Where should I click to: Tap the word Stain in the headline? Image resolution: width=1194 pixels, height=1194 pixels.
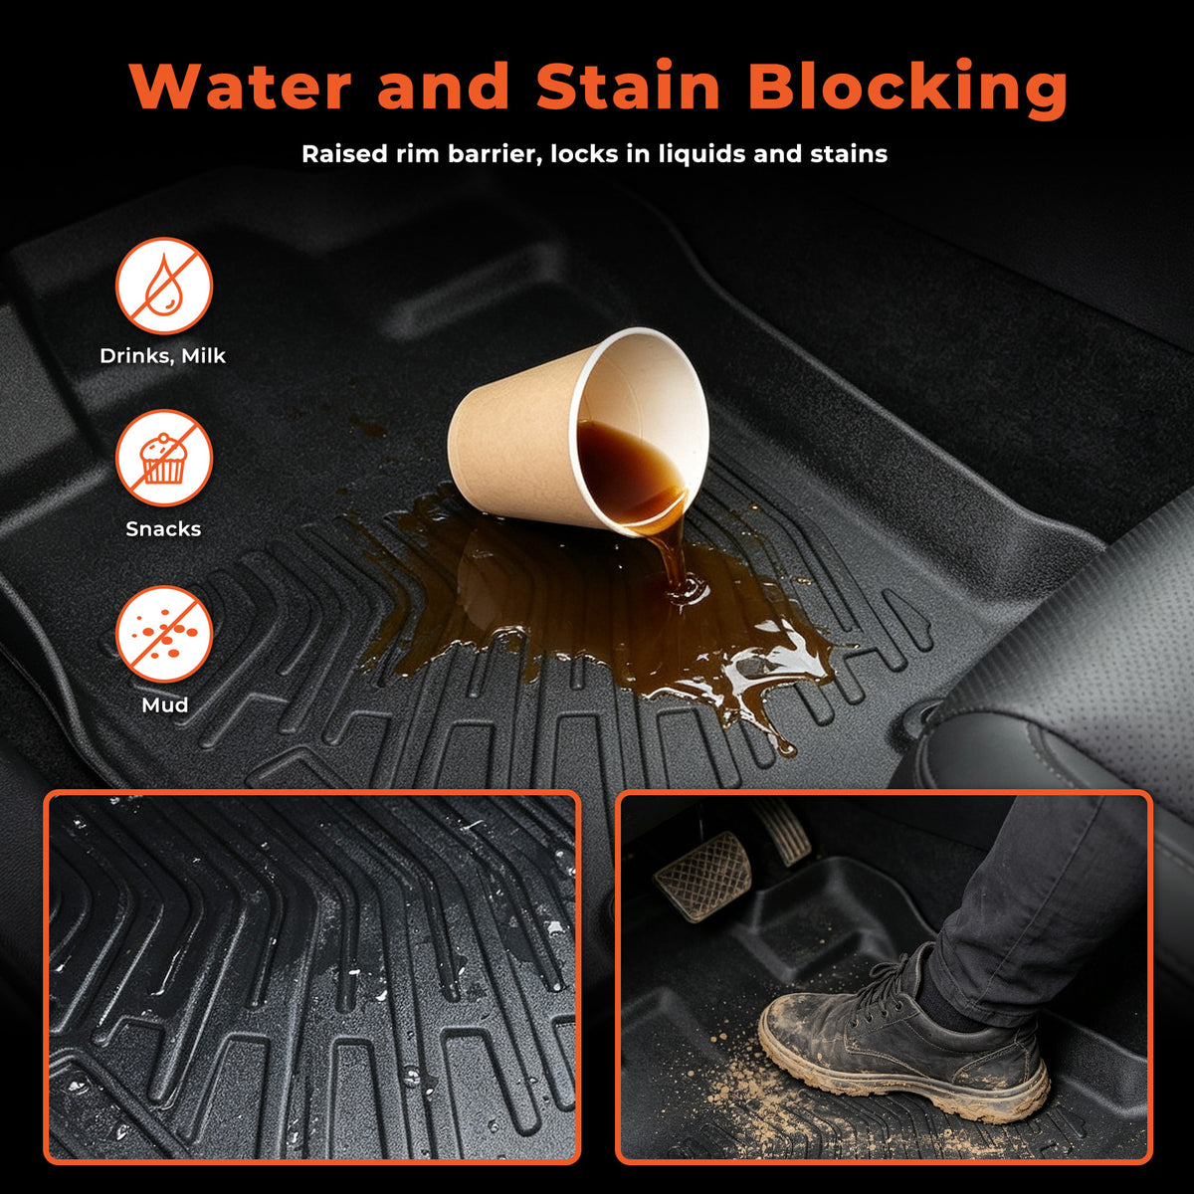[x=628, y=86]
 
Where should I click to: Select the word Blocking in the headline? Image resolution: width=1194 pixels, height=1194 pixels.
[x=909, y=88]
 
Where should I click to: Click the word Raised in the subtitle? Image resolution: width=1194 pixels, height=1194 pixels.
[x=340, y=153]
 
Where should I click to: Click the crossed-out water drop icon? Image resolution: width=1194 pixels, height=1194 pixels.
[x=164, y=286]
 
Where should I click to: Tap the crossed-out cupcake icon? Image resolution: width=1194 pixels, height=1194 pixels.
[x=164, y=459]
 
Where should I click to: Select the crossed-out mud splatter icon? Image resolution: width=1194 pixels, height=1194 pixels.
[x=164, y=635]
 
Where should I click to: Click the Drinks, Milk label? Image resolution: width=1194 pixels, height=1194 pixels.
[x=163, y=356]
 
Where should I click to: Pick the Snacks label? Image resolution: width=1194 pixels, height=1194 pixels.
[x=163, y=528]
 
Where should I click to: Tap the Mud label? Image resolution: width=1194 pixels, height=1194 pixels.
[x=165, y=704]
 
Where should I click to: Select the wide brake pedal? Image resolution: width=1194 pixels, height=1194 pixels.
[x=703, y=875]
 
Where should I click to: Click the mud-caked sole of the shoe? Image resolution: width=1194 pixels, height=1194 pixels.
[x=898, y=1075]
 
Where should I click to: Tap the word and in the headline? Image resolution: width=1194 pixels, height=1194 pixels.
[x=444, y=86]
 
